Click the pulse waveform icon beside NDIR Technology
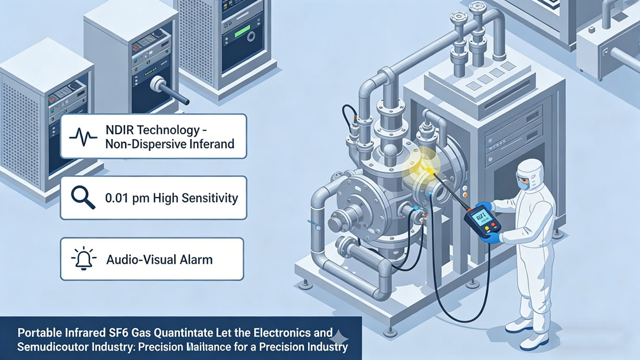[83, 136]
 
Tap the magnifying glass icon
[83, 198]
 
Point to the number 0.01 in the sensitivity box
[118, 198]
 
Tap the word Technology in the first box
[171, 130]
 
